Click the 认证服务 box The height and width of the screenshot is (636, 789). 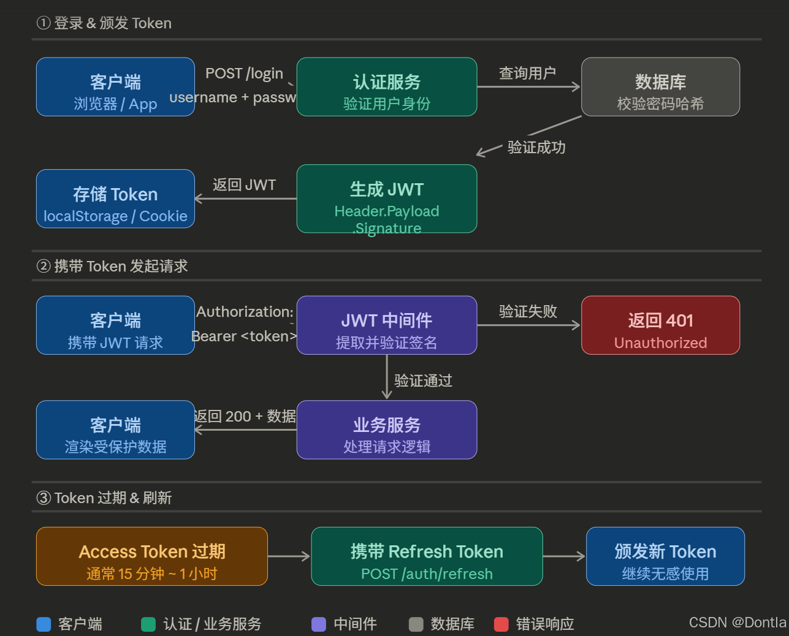point(387,87)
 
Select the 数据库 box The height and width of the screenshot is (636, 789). point(660,87)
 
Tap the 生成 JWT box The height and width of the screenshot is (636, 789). point(387,199)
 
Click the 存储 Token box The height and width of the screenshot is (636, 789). point(115,199)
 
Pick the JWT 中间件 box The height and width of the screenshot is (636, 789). point(387,325)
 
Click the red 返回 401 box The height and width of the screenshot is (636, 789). point(660,325)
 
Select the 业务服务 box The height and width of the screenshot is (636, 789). point(387,430)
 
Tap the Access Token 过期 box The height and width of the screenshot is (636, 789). point(152,556)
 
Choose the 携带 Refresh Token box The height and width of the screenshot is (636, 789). point(427,556)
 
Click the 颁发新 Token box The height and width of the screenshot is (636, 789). point(665,556)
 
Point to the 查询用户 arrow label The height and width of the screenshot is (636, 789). point(527,74)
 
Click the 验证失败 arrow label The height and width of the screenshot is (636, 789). point(527,312)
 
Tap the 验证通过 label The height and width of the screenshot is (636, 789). point(423,381)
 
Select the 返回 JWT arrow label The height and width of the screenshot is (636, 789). point(244,185)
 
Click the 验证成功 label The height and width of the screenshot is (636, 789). point(536,148)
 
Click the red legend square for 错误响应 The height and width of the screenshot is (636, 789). point(501,624)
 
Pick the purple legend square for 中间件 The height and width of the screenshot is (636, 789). point(319,624)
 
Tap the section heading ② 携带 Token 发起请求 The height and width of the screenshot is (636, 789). point(112,267)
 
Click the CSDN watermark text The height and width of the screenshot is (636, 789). point(737,623)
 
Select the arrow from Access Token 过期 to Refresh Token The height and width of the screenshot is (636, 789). point(289,556)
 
